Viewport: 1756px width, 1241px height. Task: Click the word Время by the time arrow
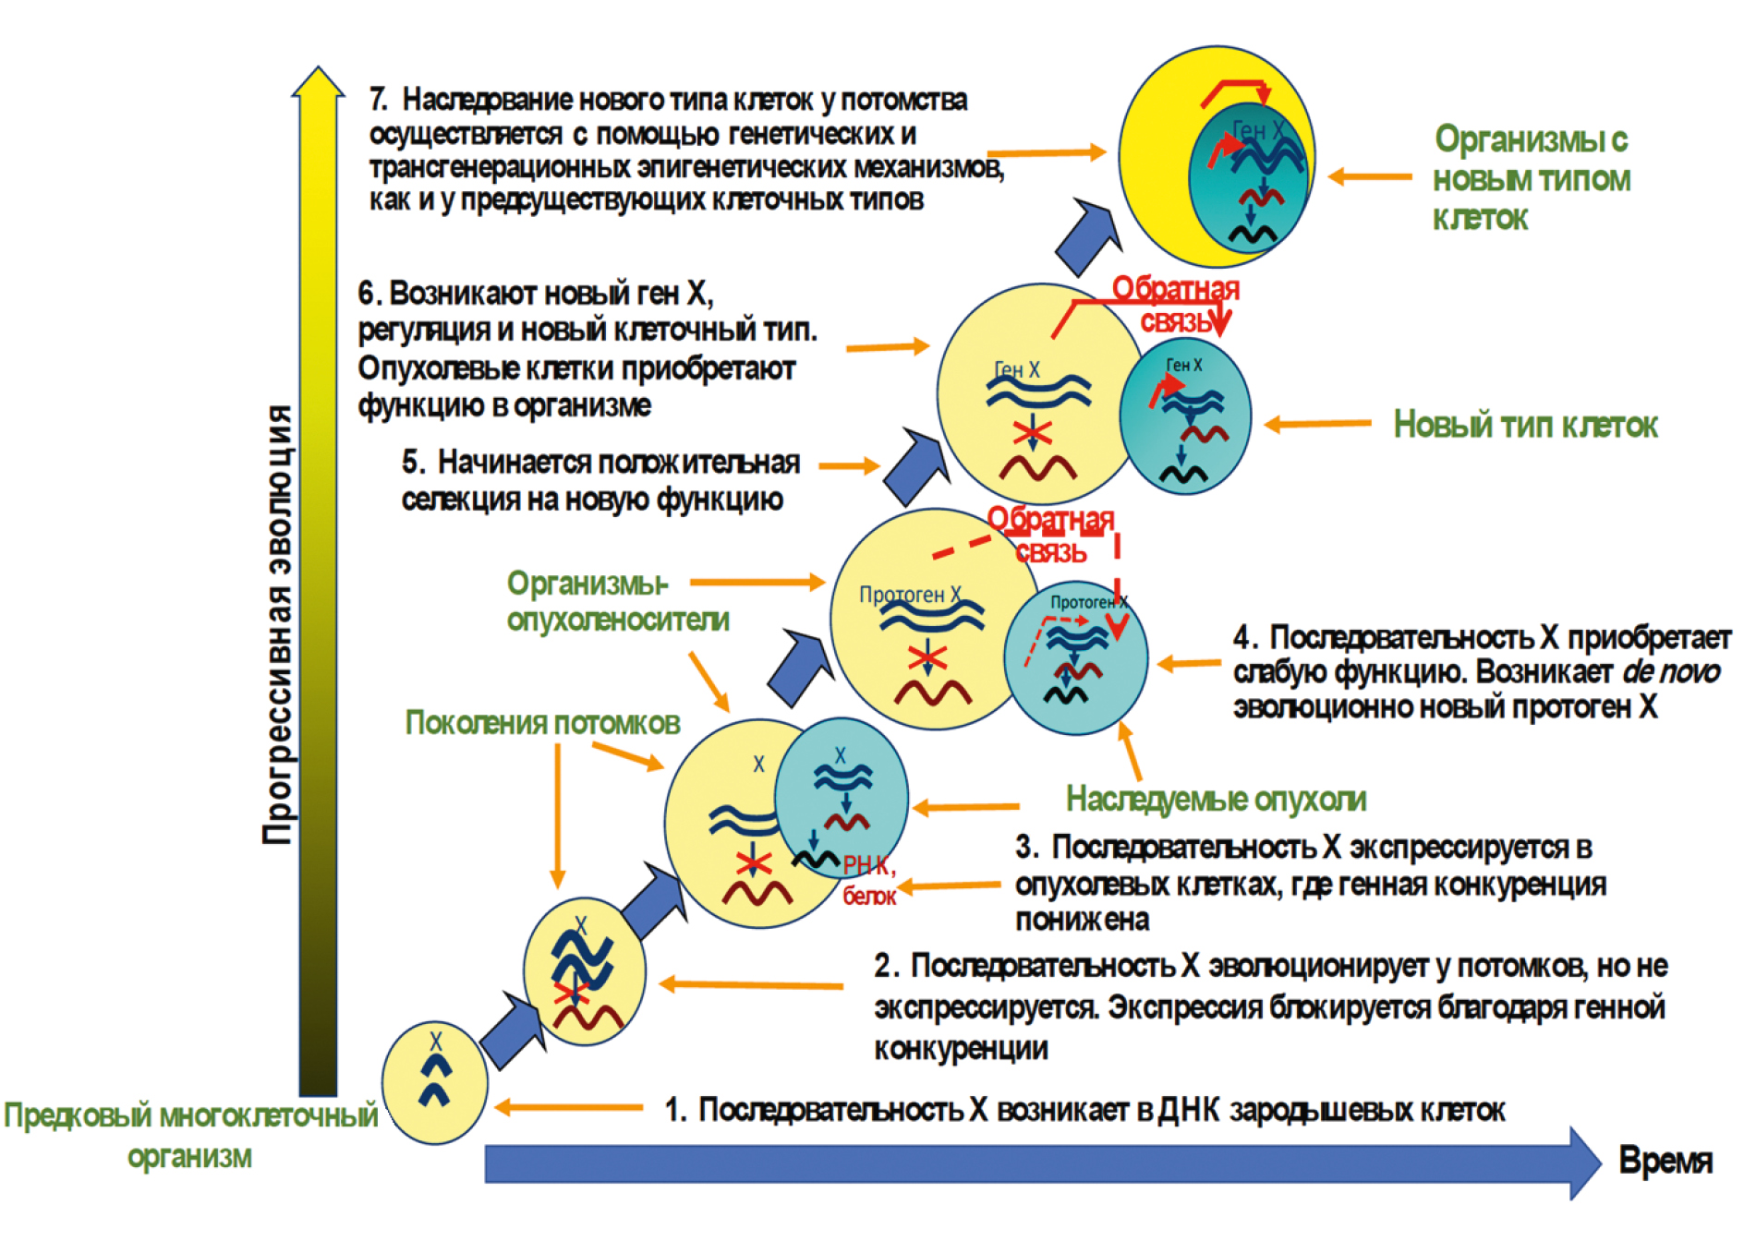1665,1161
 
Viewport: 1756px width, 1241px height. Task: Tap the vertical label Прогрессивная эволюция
277,624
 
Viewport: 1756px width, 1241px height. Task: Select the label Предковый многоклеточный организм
190,1135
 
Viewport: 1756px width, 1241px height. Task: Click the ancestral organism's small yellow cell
434,1082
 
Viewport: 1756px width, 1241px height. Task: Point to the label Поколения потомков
542,723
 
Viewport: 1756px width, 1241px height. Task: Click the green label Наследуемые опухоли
1216,799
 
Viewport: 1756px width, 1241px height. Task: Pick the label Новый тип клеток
1525,425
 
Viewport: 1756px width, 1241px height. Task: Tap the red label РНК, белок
868,879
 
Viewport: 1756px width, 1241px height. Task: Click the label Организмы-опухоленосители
617,601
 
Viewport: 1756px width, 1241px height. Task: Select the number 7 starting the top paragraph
377,99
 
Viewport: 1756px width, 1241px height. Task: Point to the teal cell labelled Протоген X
1075,658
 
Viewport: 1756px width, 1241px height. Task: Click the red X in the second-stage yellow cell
571,993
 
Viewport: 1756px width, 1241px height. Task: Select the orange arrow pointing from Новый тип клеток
1317,424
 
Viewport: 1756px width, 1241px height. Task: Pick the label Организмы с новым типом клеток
1531,178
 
